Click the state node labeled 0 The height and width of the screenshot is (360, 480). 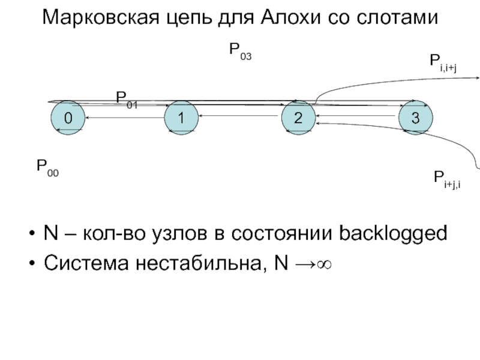(x=67, y=118)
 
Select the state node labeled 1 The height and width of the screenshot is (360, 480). (x=180, y=118)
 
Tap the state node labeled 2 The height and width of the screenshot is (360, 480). (x=298, y=118)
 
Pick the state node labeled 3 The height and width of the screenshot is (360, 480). (x=415, y=118)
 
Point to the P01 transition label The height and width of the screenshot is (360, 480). (x=127, y=100)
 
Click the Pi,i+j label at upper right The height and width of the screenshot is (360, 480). (x=443, y=62)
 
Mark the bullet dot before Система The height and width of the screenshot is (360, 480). (x=31, y=262)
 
